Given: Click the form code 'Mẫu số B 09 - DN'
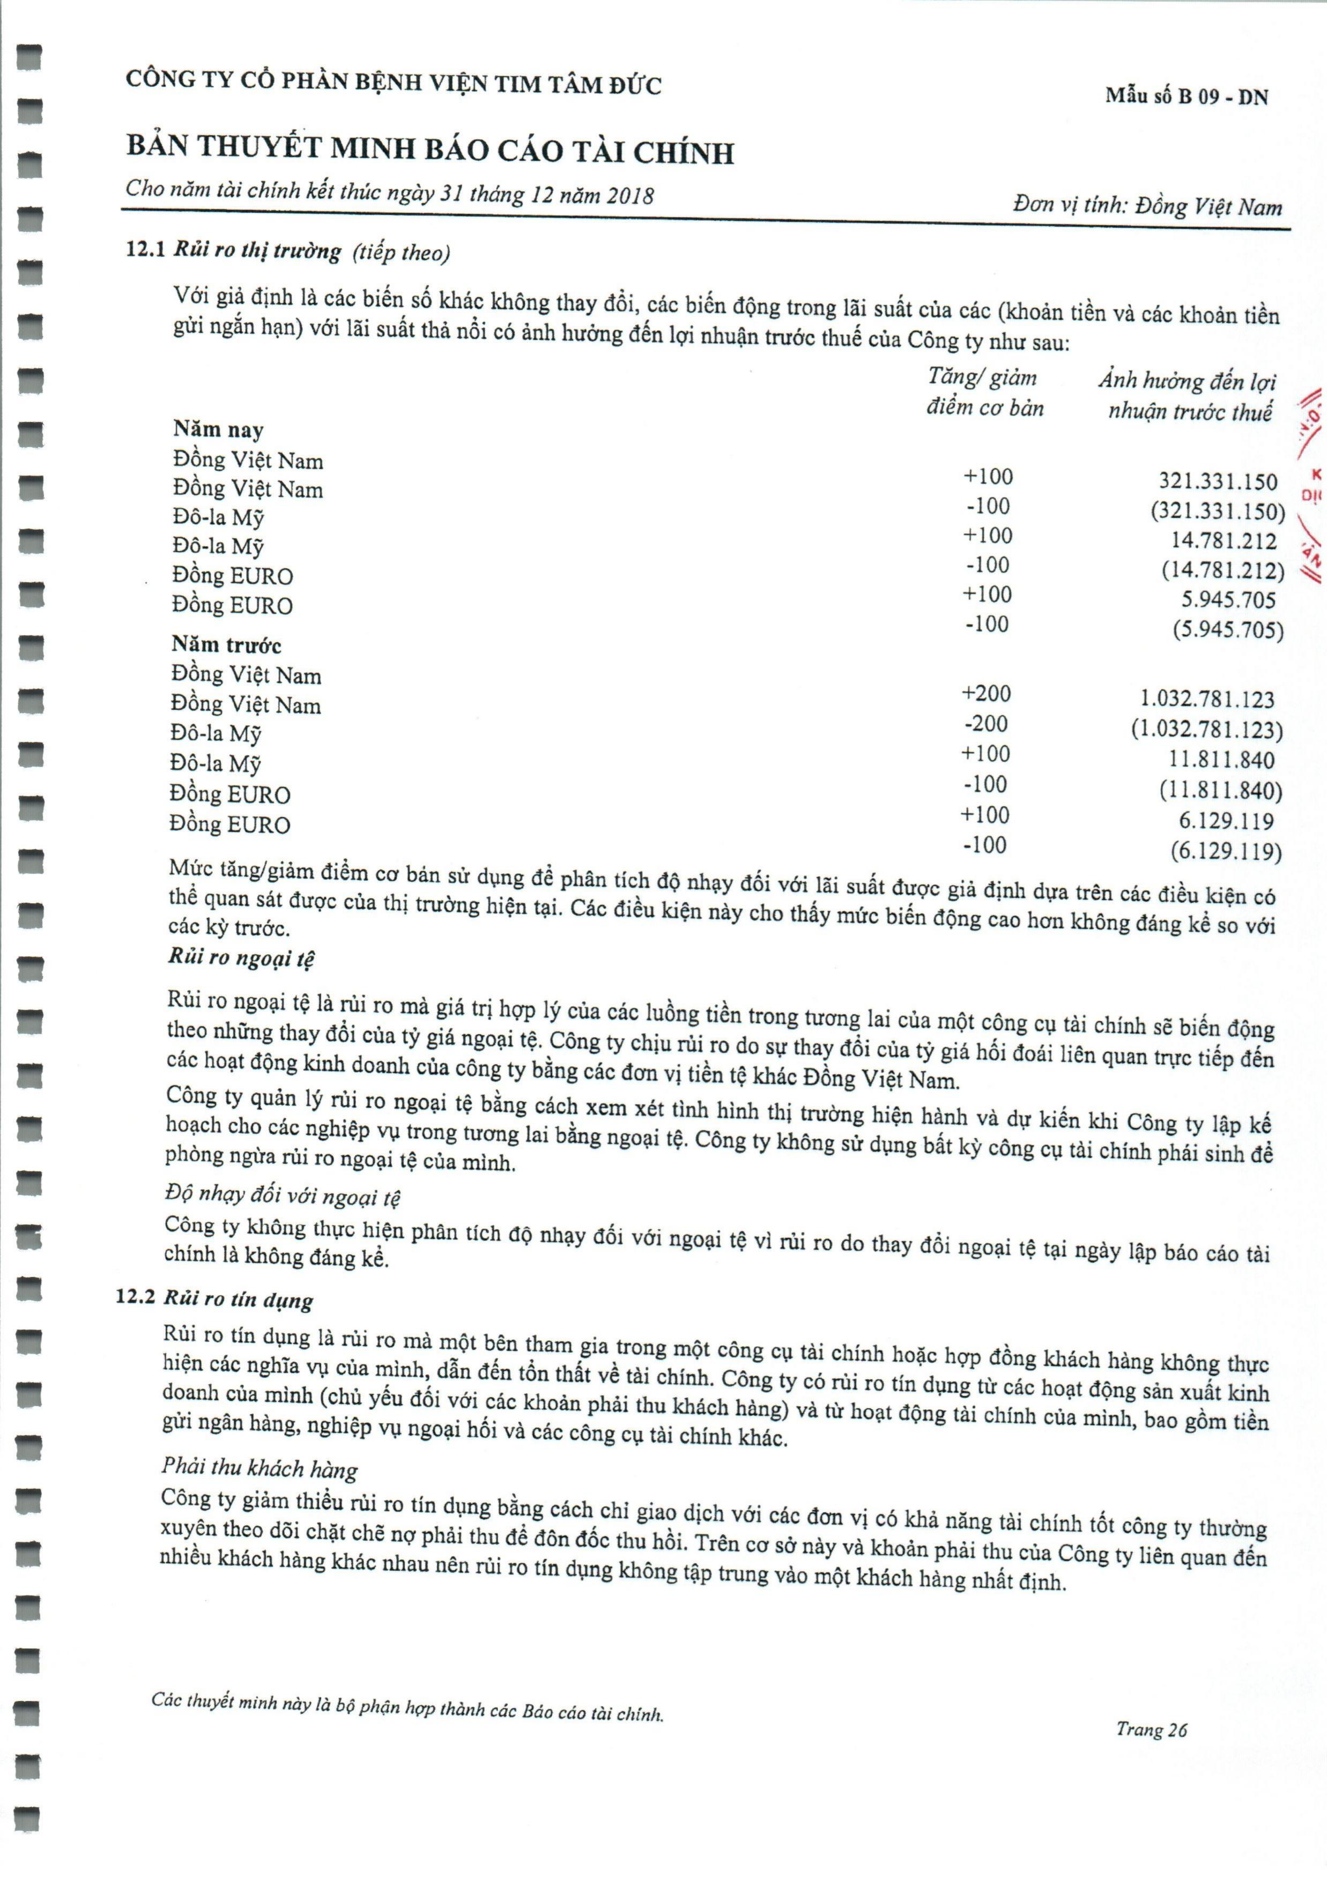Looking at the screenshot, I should [x=1186, y=96].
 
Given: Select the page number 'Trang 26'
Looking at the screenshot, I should [x=1151, y=1729].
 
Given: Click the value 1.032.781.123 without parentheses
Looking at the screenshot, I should [x=1207, y=699].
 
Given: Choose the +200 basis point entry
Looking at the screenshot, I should [x=985, y=693].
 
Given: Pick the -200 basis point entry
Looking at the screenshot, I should [x=985, y=723].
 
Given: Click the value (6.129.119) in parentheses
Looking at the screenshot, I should [x=1226, y=851].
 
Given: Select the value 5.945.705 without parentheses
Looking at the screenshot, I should [x=1228, y=600].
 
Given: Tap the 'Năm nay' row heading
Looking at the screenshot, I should [x=218, y=429].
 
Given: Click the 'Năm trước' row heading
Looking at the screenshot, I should [x=226, y=645].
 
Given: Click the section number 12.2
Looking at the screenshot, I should [x=135, y=1298].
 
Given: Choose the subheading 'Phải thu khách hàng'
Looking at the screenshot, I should [x=260, y=1468].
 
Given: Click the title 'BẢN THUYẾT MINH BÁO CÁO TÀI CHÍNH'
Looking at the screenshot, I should [x=430, y=150].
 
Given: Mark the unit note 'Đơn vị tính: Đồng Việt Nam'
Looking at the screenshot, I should [x=1147, y=205].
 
